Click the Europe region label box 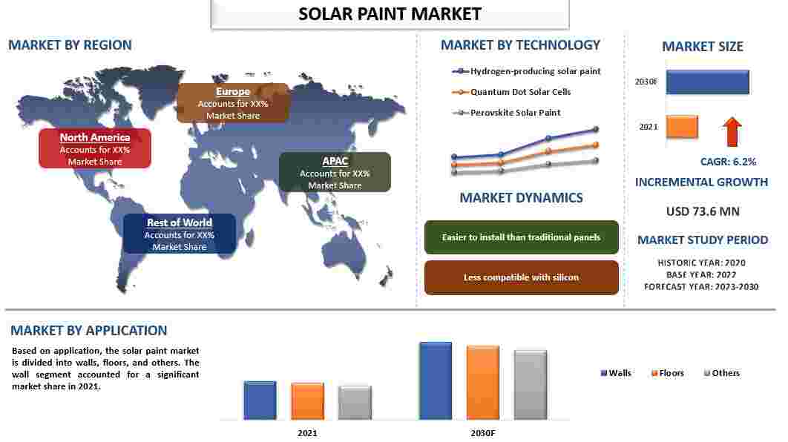pyautogui.click(x=233, y=103)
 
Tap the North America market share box pyautogui.click(x=95, y=148)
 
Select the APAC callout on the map pyautogui.click(x=335, y=172)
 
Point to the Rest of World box pyautogui.click(x=180, y=234)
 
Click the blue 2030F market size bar pyautogui.click(x=708, y=82)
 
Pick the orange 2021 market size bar pyautogui.click(x=682, y=127)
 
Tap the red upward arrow pyautogui.click(x=732, y=131)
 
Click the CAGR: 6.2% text pyautogui.click(x=728, y=162)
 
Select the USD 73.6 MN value pyautogui.click(x=703, y=211)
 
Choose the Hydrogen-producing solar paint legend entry pyautogui.click(x=526, y=71)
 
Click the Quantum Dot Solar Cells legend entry pyautogui.click(x=511, y=92)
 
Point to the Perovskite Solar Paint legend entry pyautogui.click(x=507, y=113)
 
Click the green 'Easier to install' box pyautogui.click(x=521, y=237)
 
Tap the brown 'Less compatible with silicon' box pyautogui.click(x=521, y=277)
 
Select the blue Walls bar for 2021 pyautogui.click(x=260, y=400)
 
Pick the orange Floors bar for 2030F pyautogui.click(x=483, y=382)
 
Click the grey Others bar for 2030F pyautogui.click(x=531, y=385)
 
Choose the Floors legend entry pyautogui.click(x=667, y=373)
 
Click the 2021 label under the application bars pyautogui.click(x=307, y=433)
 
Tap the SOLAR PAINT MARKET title pyautogui.click(x=390, y=14)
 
